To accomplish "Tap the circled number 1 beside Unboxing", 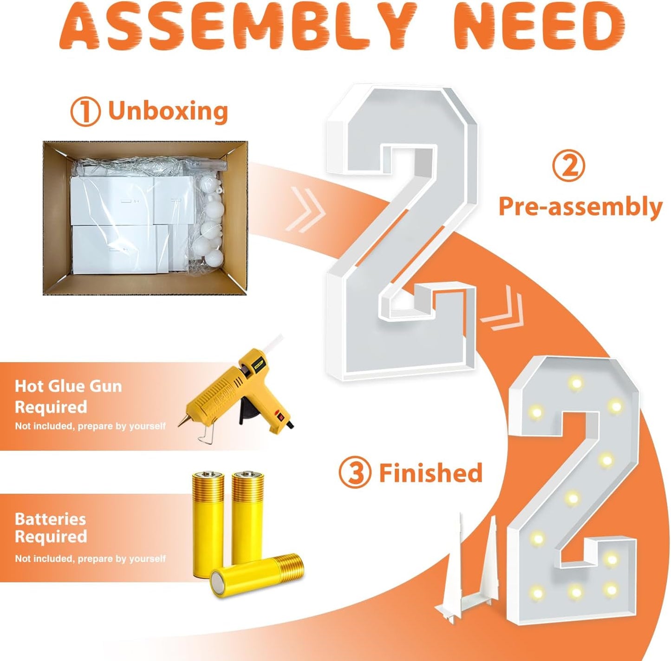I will pos(85,112).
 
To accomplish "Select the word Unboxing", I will pos(168,111).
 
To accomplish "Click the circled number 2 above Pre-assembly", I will pos(568,167).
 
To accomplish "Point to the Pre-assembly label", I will pos(580,207).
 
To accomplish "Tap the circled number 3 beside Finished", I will pos(354,473).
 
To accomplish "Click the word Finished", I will pos(430,473).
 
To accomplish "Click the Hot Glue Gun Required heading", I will pos(68,396).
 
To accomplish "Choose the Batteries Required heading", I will pos(51,527).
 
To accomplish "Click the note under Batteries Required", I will pos(90,558).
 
